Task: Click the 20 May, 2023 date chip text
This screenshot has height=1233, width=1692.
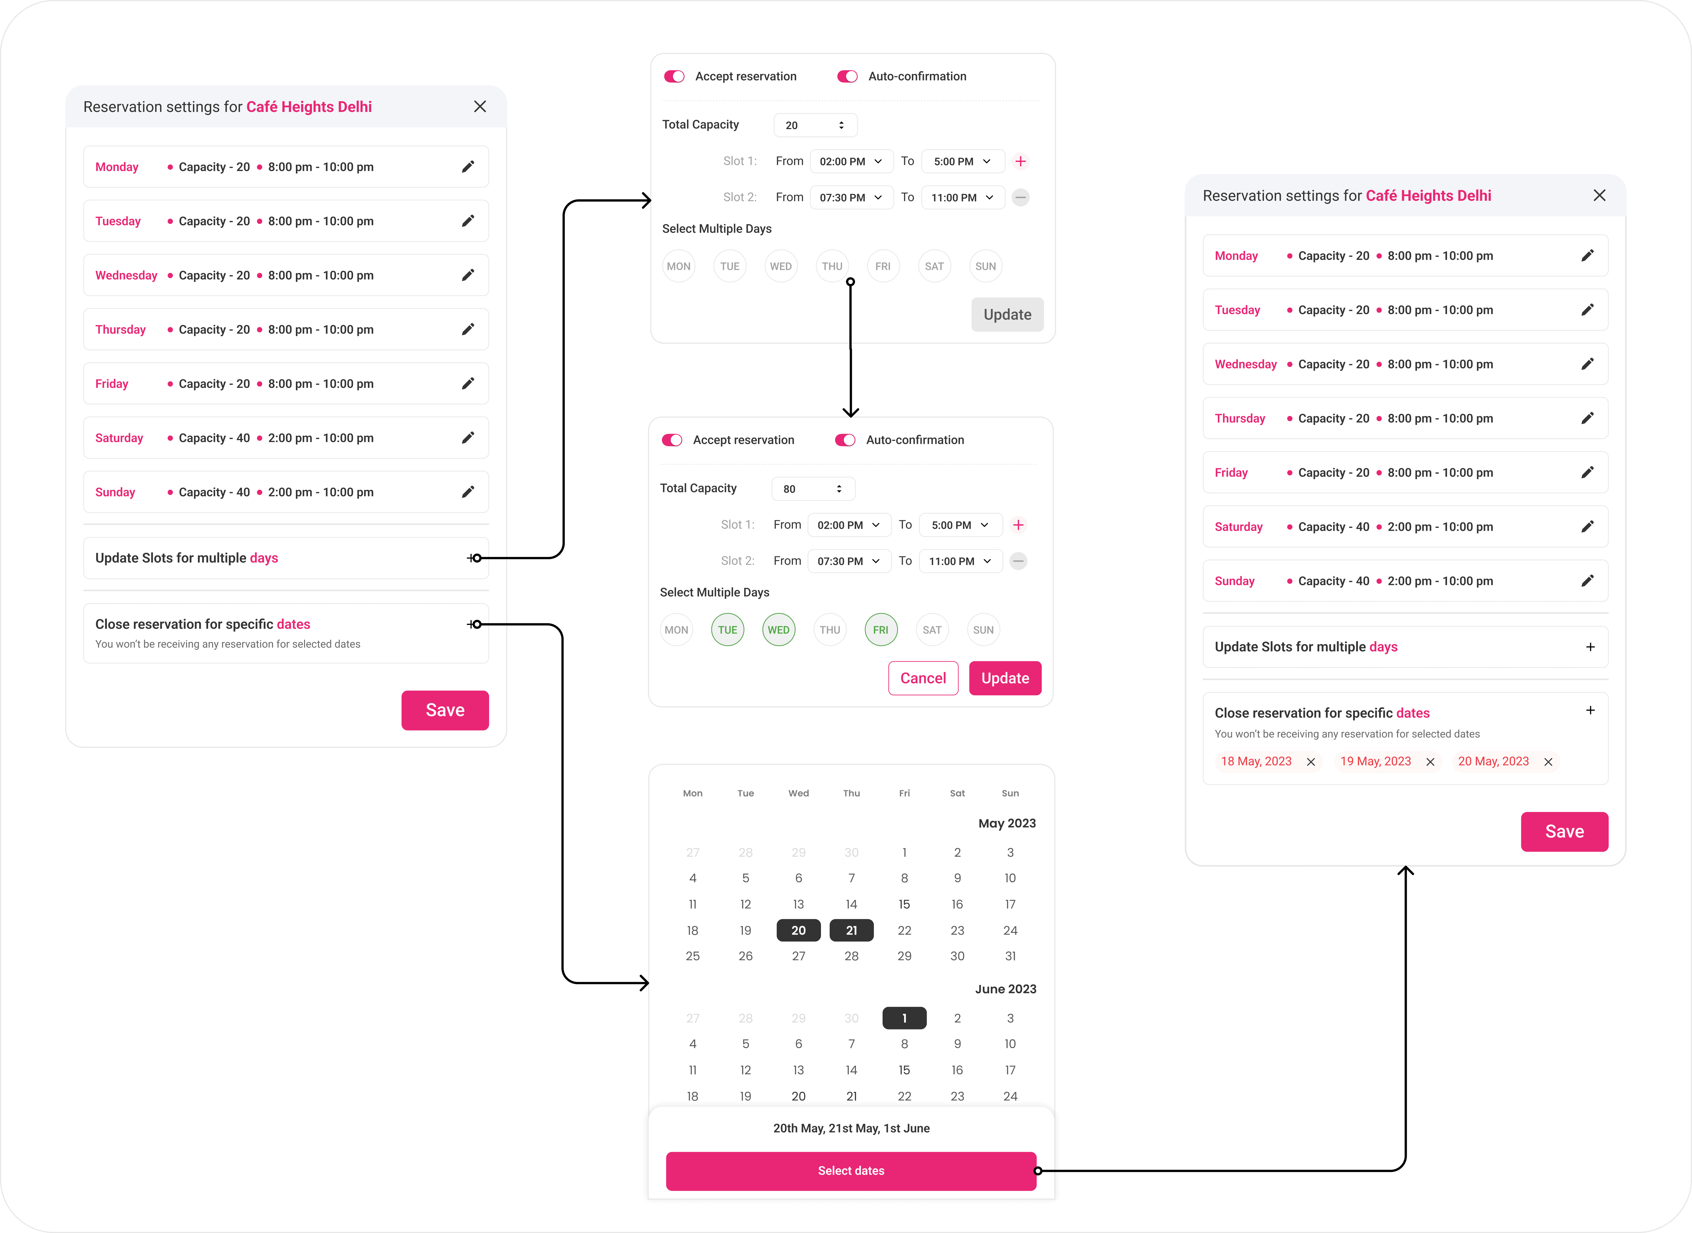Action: pos(1493,761)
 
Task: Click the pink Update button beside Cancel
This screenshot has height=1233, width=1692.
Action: pos(1005,678)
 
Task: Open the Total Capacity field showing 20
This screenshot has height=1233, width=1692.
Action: pos(815,125)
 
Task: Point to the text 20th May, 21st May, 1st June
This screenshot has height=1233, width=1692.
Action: pos(851,1128)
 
